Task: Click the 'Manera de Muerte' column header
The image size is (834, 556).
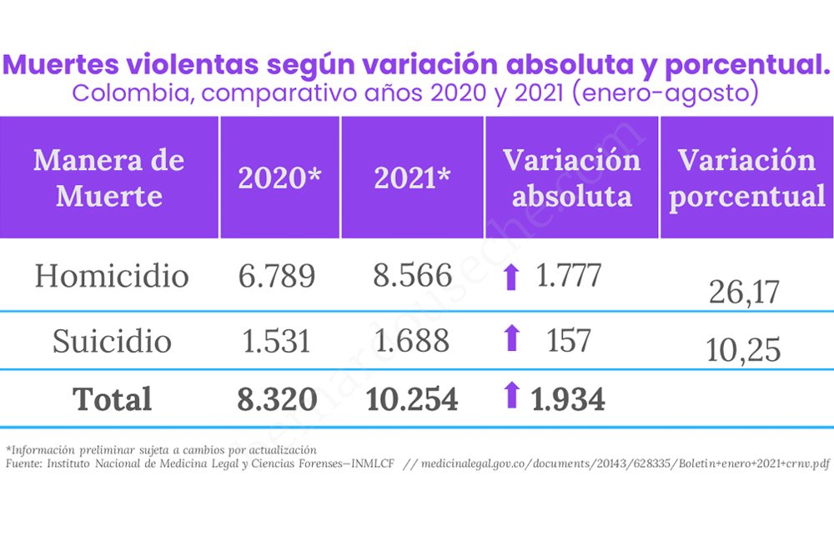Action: point(109,178)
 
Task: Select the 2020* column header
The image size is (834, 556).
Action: point(279,178)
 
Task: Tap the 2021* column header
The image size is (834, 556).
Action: point(412,178)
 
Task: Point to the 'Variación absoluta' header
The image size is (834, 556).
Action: point(572,178)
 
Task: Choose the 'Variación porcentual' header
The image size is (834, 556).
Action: point(746,178)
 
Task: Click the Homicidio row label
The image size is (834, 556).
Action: point(112,275)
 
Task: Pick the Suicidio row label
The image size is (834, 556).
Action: point(112,340)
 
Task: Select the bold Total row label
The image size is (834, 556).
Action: point(113,398)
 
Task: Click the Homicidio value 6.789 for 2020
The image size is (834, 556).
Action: point(277,275)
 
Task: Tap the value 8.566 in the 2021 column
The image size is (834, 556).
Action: point(412,275)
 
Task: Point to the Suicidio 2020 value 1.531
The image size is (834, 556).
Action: point(276,341)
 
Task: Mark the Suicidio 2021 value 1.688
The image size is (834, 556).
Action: point(412,341)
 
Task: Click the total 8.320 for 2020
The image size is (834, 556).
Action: point(277,399)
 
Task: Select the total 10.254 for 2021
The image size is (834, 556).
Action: point(412,399)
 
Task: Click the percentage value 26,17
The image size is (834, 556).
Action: point(744,292)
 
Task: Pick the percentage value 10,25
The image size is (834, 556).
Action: point(744,350)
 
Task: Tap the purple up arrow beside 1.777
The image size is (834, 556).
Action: point(512,278)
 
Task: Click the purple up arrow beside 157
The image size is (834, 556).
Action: point(512,338)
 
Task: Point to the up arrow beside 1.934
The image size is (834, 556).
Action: point(512,395)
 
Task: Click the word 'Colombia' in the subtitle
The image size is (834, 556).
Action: point(133,93)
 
